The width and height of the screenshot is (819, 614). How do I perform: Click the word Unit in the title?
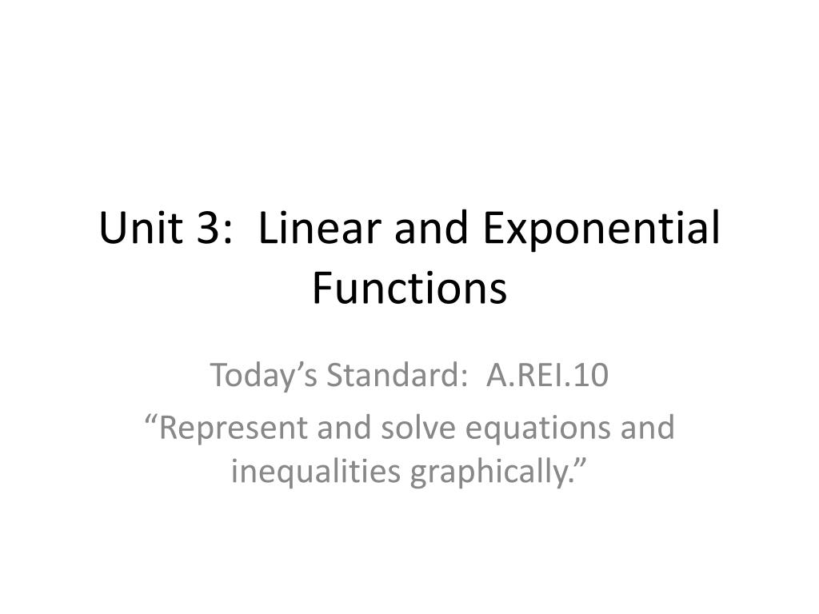[138, 229]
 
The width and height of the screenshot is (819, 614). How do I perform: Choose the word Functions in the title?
[409, 288]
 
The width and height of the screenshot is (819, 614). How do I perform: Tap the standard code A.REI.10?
[548, 375]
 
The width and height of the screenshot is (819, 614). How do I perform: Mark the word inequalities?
[316, 472]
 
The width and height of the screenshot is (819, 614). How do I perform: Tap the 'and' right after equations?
[649, 428]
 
